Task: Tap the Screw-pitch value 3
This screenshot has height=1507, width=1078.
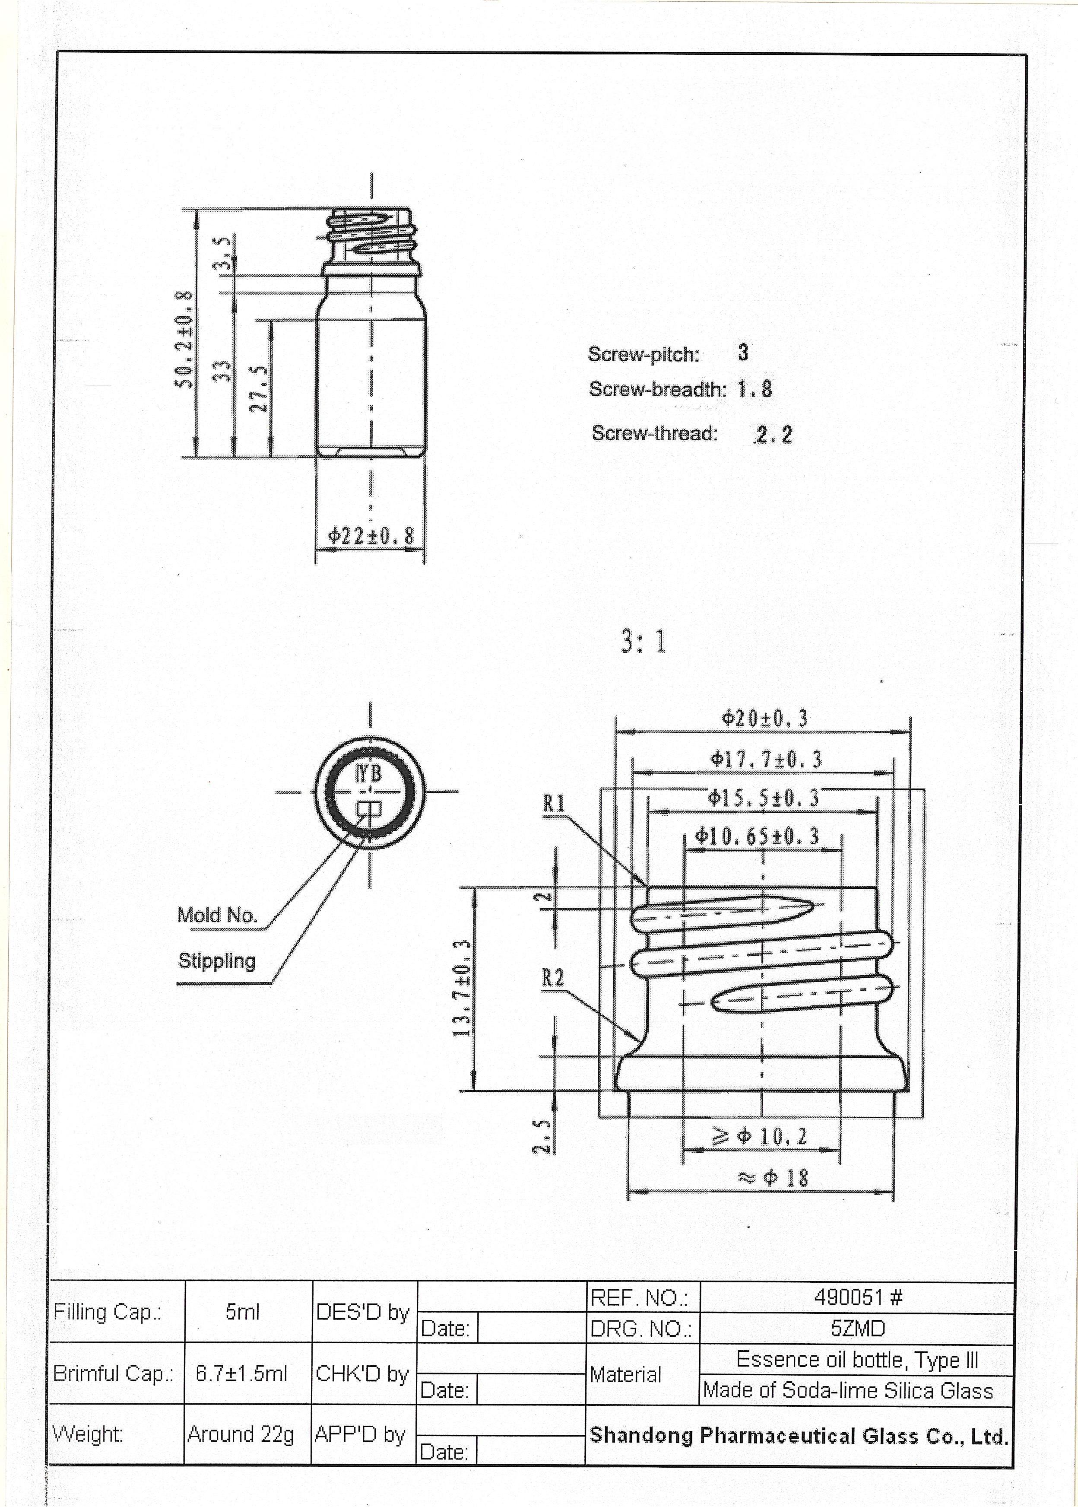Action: click(743, 353)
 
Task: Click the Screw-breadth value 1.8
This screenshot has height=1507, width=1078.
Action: click(755, 389)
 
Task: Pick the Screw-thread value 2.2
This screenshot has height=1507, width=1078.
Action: click(774, 434)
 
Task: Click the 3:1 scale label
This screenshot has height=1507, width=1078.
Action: click(643, 641)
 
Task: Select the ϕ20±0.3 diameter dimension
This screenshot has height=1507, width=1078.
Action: click(765, 719)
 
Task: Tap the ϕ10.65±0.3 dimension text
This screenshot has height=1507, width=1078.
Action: click(757, 836)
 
